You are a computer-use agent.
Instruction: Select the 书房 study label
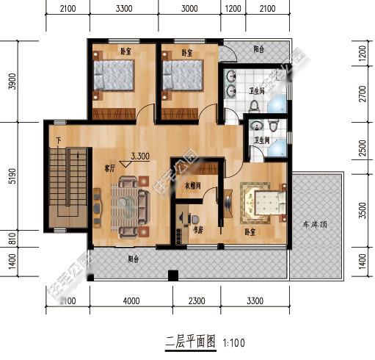click(197, 229)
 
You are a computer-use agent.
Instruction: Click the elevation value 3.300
click(141, 156)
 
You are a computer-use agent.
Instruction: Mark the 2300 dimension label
click(197, 300)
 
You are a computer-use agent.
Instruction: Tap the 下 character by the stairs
click(58, 140)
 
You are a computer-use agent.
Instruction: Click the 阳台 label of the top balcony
click(259, 49)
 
